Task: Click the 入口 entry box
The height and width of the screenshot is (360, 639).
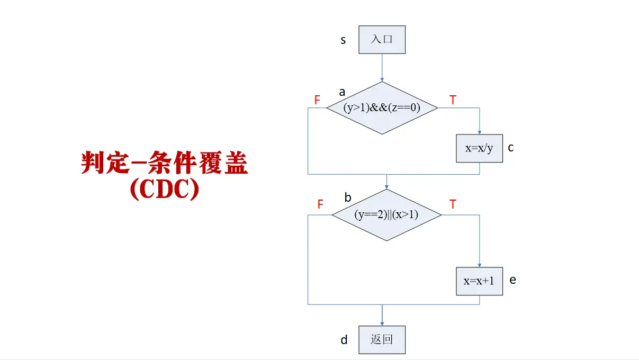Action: click(382, 40)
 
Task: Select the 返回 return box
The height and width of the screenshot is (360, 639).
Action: click(382, 339)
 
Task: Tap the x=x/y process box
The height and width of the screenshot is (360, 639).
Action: click(479, 148)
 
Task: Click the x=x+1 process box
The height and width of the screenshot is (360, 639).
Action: click(479, 281)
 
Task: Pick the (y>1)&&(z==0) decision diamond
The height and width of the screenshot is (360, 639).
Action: click(382, 108)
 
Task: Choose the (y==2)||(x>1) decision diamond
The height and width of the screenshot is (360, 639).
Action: click(386, 215)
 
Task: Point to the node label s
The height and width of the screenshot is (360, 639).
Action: click(343, 40)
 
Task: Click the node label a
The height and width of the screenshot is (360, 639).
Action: click(342, 92)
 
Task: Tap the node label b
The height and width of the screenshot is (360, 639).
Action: click(348, 197)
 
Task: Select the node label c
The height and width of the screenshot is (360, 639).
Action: click(511, 148)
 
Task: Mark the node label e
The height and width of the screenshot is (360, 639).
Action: click(512, 280)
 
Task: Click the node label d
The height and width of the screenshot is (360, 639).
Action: click(344, 340)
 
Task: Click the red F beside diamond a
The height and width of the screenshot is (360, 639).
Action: click(317, 100)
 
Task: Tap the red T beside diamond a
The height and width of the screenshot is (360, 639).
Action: click(453, 100)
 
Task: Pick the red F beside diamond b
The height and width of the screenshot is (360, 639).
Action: click(320, 205)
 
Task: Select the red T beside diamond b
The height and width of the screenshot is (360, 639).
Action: click(453, 205)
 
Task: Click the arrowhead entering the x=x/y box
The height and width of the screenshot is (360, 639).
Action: click(480, 132)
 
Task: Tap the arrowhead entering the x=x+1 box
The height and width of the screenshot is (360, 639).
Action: click(480, 265)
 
